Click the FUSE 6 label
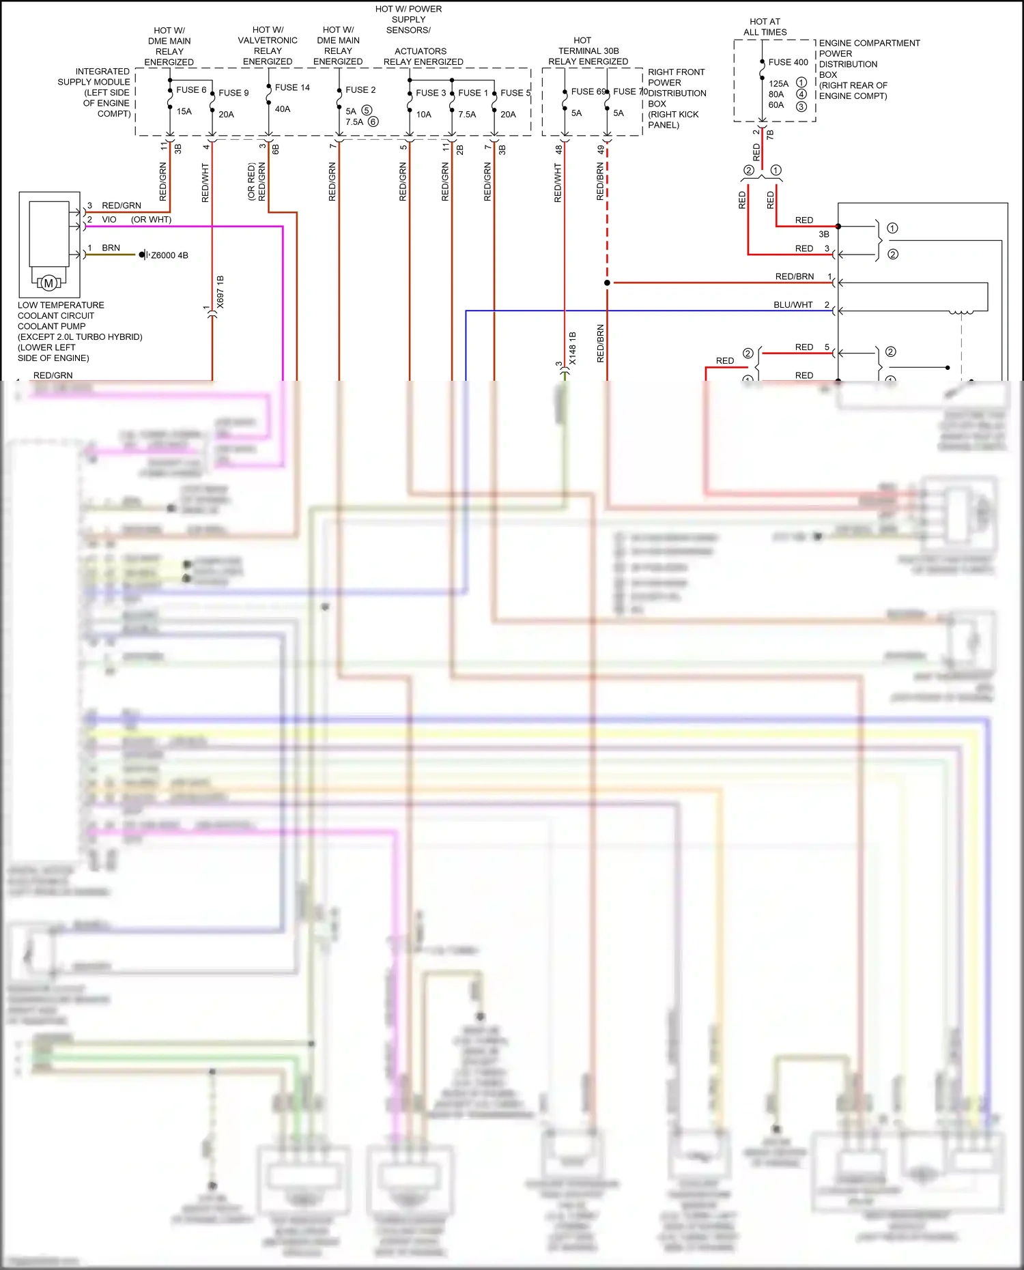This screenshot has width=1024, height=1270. (190, 89)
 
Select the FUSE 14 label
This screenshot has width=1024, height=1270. (291, 87)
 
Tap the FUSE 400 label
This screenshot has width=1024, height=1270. (788, 62)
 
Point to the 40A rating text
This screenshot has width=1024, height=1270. (283, 109)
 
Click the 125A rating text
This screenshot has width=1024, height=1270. (778, 83)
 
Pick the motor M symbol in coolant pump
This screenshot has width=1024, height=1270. (48, 283)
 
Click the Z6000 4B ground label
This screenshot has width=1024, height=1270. (169, 255)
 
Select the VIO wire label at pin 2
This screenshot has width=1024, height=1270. (109, 220)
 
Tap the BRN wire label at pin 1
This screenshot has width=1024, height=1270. (111, 248)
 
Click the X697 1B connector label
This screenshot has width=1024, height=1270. (221, 292)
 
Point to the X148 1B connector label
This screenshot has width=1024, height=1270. (573, 348)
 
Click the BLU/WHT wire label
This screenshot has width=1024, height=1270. (793, 305)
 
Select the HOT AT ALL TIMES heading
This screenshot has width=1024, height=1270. (765, 27)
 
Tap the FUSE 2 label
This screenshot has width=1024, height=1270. (360, 89)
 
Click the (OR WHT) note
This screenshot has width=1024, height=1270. (151, 220)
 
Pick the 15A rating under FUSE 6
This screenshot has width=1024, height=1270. (184, 111)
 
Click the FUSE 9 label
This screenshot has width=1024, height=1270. (233, 93)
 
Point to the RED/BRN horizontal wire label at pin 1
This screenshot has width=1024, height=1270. (794, 276)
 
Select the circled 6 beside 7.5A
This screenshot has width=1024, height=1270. (373, 122)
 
